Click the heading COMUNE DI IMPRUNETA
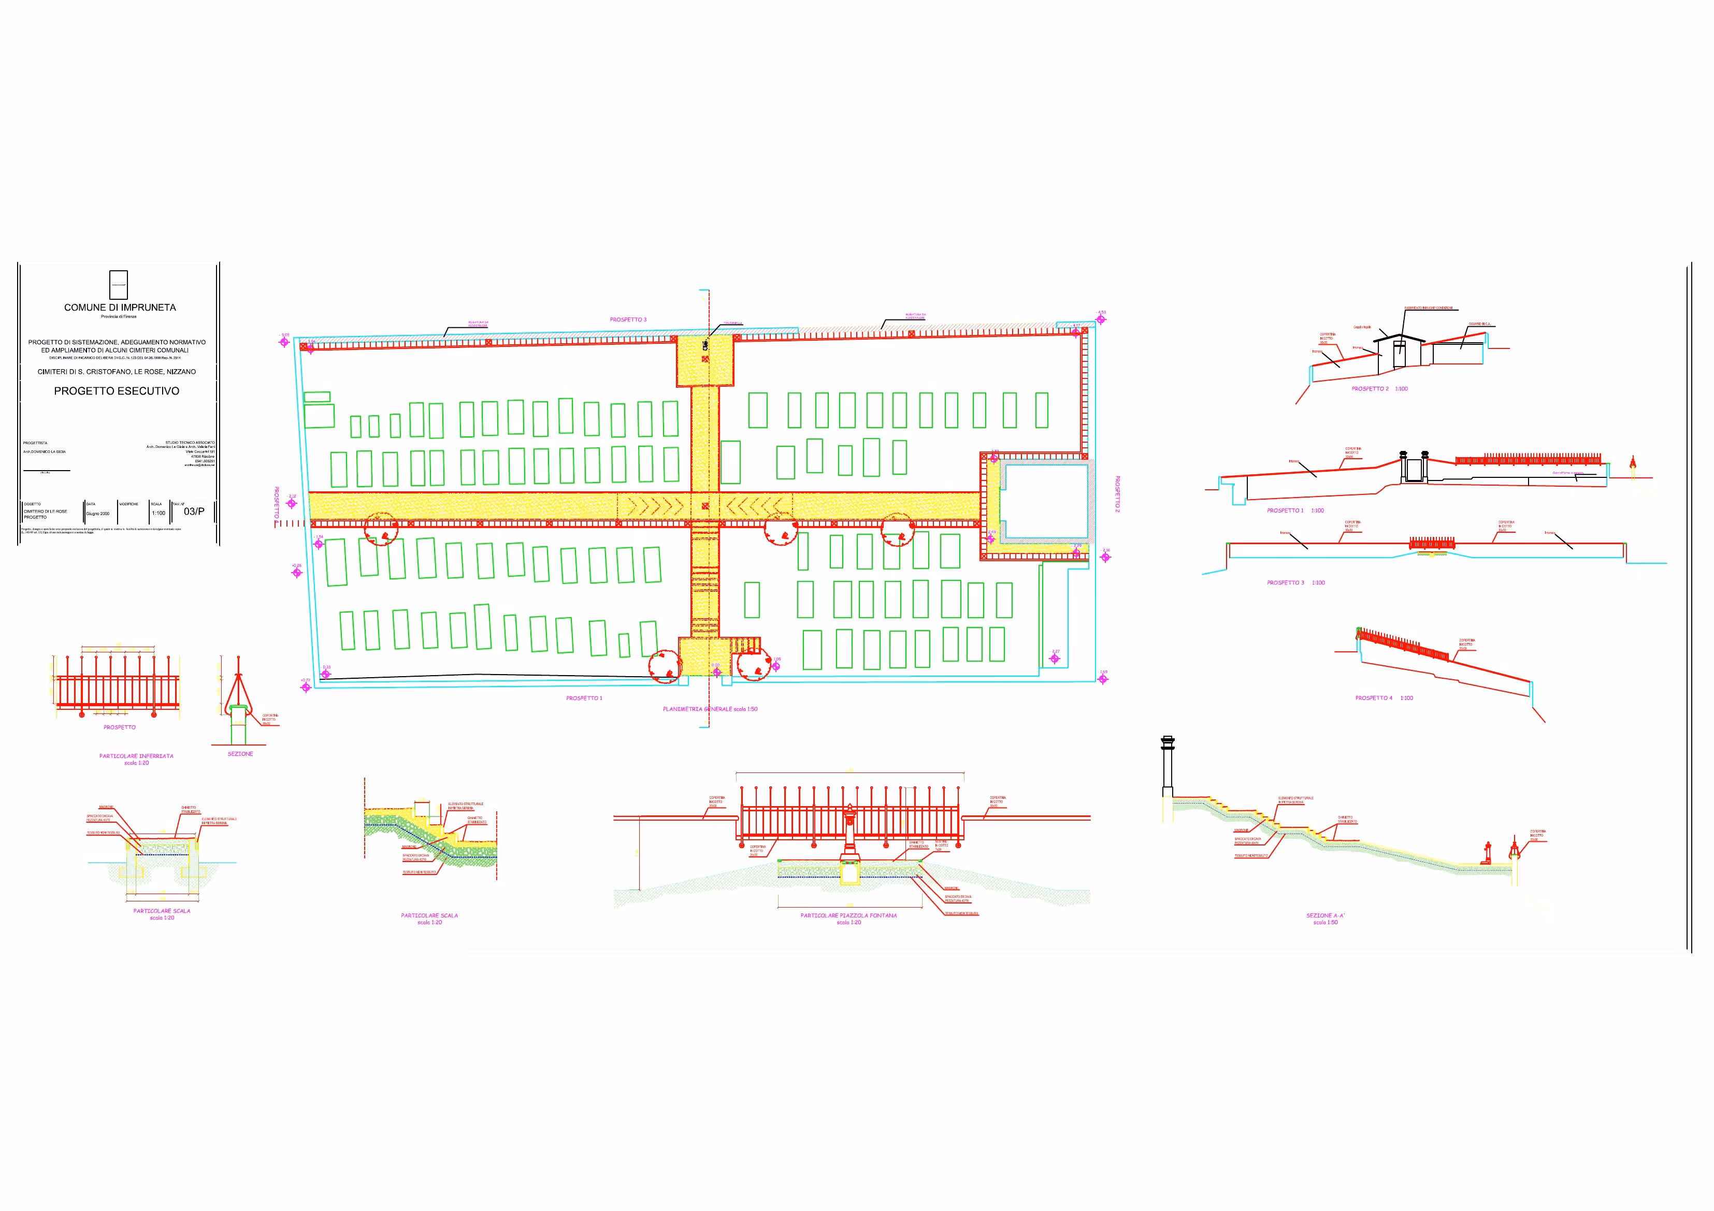[120, 308]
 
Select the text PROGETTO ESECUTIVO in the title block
[117, 391]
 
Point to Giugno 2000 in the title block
[98, 514]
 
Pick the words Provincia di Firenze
[119, 316]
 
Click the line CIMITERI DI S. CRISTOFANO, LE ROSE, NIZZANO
[117, 372]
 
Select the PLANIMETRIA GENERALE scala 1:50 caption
[710, 709]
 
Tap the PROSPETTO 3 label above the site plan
[628, 319]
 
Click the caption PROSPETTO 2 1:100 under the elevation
[1379, 389]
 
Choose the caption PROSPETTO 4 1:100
[1384, 698]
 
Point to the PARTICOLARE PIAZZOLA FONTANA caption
[849, 915]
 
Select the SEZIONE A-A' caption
[1326, 915]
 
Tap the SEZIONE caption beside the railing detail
[240, 754]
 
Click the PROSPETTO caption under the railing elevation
[120, 727]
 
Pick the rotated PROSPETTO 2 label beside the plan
[1117, 494]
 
